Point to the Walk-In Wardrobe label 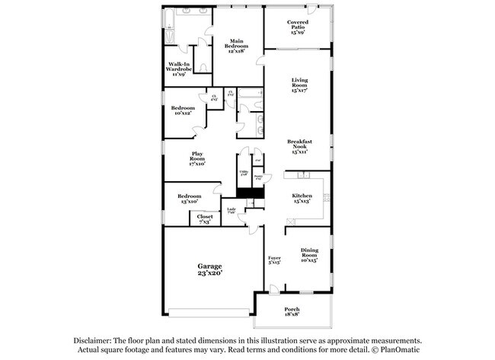pyautogui.click(x=180, y=67)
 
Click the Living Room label pyautogui.click(x=298, y=84)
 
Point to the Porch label pyautogui.click(x=292, y=310)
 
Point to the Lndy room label pyautogui.click(x=231, y=211)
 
